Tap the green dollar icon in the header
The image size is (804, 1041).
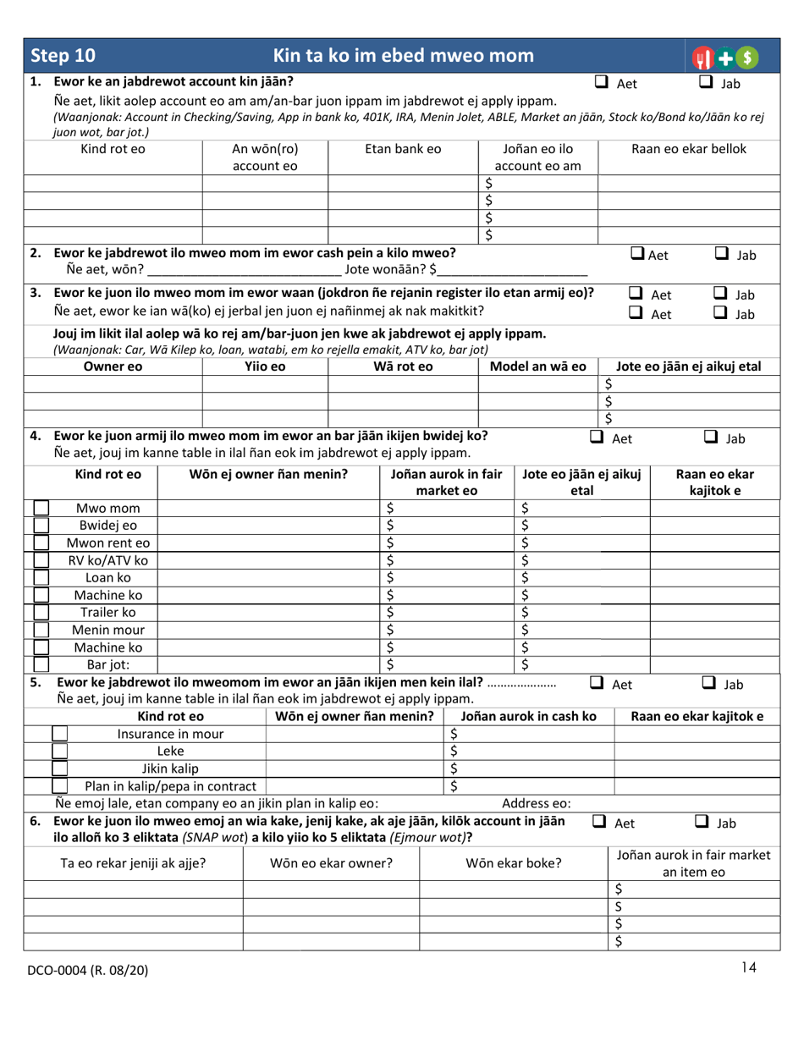(x=744, y=58)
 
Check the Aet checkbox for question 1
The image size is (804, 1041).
(x=602, y=82)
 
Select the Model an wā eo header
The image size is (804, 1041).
(x=538, y=366)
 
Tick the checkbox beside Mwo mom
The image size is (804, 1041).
(x=41, y=509)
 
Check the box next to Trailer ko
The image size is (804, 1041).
(x=41, y=611)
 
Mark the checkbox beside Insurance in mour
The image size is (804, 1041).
(x=59, y=734)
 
